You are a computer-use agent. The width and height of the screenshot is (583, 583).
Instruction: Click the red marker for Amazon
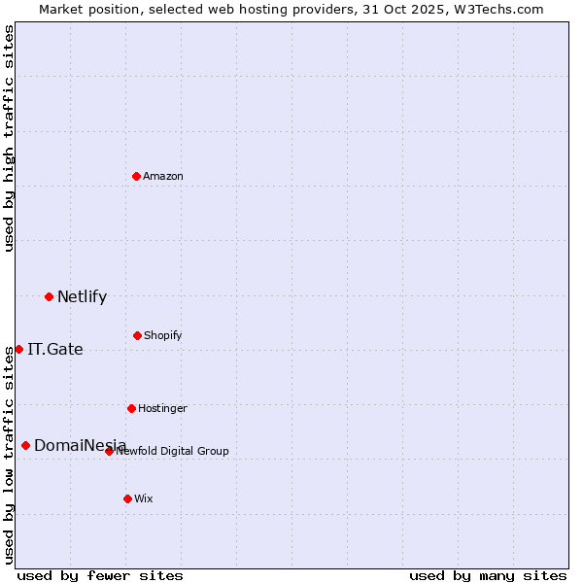136,176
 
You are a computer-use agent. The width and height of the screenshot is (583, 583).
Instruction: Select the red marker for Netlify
49,296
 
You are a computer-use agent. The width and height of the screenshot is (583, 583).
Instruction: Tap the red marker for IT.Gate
18,349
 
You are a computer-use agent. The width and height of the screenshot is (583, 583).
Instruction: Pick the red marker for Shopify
137,335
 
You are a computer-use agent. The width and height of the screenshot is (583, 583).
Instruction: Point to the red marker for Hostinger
131,408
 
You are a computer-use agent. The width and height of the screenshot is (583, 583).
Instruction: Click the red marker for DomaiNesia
25,445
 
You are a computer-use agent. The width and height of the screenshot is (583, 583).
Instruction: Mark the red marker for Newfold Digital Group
109,451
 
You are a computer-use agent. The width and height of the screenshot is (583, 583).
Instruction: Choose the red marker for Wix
127,498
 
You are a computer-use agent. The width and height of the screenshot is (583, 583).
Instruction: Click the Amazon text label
163,176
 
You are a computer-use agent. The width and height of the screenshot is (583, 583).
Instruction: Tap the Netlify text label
82,296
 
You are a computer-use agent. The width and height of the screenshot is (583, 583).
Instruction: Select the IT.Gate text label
55,349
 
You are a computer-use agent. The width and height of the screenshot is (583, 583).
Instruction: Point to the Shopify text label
163,335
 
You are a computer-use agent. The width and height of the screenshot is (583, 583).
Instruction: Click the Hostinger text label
162,408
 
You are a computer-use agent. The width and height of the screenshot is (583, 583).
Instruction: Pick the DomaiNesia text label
80,445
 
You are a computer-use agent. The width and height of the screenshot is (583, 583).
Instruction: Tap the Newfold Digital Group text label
173,451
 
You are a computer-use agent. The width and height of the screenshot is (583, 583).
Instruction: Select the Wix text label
144,498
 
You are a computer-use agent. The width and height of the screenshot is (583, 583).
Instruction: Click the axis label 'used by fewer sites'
100,575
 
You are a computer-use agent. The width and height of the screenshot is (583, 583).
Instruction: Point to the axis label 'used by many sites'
488,575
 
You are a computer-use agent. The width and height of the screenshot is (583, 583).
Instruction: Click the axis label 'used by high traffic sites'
9,138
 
